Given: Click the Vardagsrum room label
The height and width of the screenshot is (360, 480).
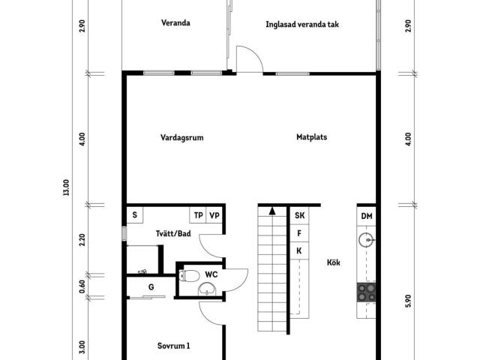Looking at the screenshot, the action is click(x=181, y=137).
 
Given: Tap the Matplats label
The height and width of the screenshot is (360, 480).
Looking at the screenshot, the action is click(x=312, y=136).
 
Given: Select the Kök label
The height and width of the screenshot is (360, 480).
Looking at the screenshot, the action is click(x=333, y=262).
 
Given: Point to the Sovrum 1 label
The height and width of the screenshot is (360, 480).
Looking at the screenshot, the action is click(x=173, y=346).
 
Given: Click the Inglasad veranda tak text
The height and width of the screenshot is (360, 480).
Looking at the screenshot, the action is click(x=302, y=25).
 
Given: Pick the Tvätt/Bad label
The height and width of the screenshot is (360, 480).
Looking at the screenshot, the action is click(x=173, y=233).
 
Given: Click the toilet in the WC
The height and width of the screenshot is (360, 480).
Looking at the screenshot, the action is click(x=189, y=276).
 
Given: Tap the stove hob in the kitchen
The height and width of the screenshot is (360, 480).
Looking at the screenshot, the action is click(x=366, y=292).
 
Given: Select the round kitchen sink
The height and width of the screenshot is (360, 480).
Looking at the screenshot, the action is click(x=367, y=240).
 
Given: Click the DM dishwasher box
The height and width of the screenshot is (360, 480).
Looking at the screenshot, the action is click(x=367, y=216).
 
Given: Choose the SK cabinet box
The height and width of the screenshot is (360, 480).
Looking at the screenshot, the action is click(x=299, y=215).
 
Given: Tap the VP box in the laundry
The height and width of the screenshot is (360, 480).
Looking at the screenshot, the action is click(x=214, y=215).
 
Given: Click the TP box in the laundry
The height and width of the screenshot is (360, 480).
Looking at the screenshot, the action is click(x=198, y=215).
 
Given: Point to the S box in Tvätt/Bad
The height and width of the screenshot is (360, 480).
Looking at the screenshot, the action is click(x=135, y=215).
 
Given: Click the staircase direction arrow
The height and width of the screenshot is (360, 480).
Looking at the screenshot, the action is click(x=272, y=211).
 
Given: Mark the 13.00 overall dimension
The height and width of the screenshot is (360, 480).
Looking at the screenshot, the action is click(x=66, y=187).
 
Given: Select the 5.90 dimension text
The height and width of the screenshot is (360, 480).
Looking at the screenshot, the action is click(x=408, y=301).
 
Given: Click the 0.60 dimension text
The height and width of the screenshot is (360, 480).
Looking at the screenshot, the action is click(x=82, y=286).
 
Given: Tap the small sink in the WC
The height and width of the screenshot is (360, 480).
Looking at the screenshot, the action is click(x=207, y=289).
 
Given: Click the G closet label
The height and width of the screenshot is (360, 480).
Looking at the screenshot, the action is click(x=151, y=287).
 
